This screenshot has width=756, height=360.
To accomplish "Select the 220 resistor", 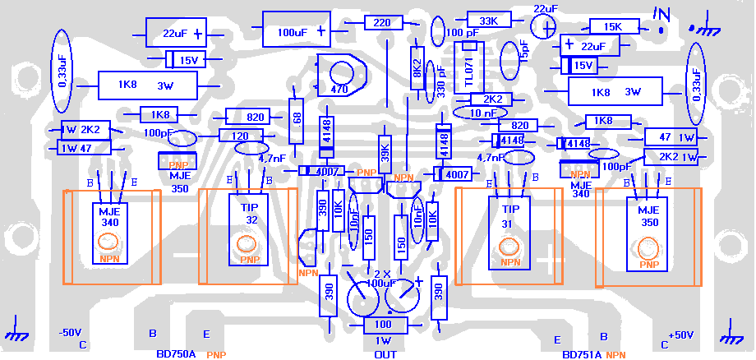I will pyautogui.click(x=382, y=23).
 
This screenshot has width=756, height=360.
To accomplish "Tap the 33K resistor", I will pyautogui.click(x=489, y=21).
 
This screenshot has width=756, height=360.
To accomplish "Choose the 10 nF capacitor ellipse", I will pyautogui.click(x=483, y=112).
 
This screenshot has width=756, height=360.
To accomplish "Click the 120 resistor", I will pyautogui.click(x=240, y=136).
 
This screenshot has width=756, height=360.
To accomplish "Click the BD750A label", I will pyautogui.click(x=176, y=354).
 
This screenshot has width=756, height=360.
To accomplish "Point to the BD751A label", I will pyautogui.click(x=583, y=354).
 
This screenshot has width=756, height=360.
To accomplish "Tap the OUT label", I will pyautogui.click(x=385, y=354).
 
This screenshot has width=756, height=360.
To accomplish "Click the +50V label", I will pyautogui.click(x=681, y=335).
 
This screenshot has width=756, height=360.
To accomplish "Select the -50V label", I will pyautogui.click(x=70, y=333).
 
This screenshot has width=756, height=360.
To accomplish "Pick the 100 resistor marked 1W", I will pyautogui.click(x=382, y=325).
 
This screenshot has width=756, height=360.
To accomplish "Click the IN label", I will pyautogui.click(x=662, y=14).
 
